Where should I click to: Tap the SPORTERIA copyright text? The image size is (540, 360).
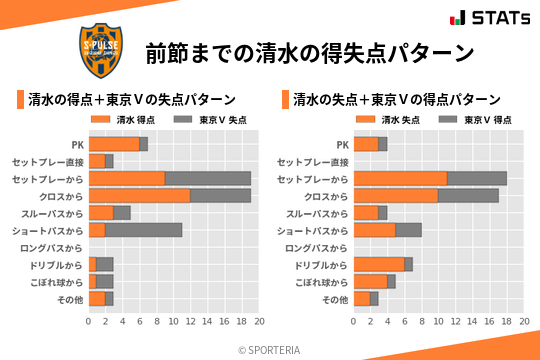pyautogui.click(x=269, y=349)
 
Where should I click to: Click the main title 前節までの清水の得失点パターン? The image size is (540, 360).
pyautogui.click(x=309, y=52)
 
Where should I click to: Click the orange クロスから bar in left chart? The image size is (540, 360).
pyautogui.click(x=139, y=195)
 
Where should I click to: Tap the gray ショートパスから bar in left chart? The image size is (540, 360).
pyautogui.click(x=143, y=230)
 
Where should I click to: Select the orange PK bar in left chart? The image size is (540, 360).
pyautogui.click(x=113, y=144)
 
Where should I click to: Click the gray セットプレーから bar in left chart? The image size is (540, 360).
pyautogui.click(x=208, y=178)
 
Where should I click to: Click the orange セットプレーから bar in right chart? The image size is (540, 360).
pyautogui.click(x=400, y=178)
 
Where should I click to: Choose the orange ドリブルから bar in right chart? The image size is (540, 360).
pyautogui.click(x=379, y=264)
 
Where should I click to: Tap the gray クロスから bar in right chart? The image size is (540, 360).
pyautogui.click(x=468, y=195)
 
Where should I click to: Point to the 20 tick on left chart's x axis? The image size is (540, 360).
pyautogui.click(x=259, y=322)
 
